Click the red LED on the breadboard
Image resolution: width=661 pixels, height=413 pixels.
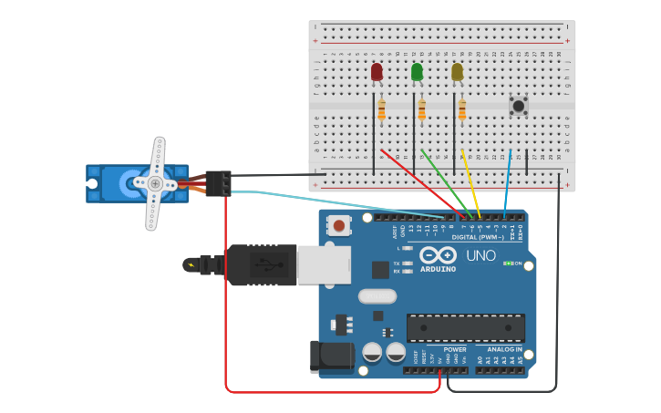tap(377, 72)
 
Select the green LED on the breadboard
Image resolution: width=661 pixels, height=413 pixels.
tap(417, 72)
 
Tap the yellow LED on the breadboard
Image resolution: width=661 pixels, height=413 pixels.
tap(457, 72)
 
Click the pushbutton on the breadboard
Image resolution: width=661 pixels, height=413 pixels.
tap(518, 106)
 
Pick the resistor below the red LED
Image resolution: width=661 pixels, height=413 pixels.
tap(381, 110)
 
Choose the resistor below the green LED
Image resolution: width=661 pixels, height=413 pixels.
tap(421, 110)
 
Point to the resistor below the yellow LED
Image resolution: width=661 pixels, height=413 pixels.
tap(461, 110)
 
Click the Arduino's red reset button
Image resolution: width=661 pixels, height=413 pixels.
tap(339, 225)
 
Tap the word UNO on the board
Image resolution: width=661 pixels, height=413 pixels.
tap(480, 255)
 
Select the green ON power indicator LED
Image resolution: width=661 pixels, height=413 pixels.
tap(508, 263)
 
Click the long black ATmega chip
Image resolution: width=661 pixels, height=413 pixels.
tap(465, 327)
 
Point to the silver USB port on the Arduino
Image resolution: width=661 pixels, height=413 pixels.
tap(324, 264)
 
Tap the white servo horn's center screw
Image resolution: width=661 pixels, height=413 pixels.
tap(156, 183)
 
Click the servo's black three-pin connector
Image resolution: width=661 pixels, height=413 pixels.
tap(218, 183)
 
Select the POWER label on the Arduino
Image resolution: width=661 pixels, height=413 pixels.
tap(455, 349)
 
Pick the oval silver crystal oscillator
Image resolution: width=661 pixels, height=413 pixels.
tap(377, 295)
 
